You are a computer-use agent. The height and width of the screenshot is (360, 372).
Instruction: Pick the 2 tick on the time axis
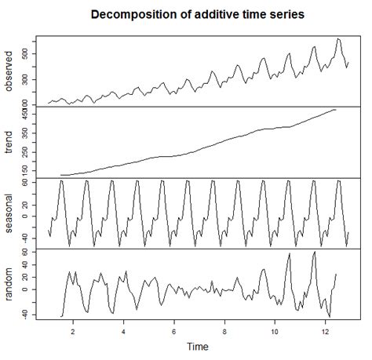[x=73, y=332]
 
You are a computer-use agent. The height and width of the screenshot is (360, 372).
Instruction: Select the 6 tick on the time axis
[x=174, y=332]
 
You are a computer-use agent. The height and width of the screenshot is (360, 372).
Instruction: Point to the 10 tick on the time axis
[x=275, y=332]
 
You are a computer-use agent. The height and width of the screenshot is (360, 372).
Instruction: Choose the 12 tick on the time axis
[x=326, y=332]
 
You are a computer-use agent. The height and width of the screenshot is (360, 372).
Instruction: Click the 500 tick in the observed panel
[x=26, y=53]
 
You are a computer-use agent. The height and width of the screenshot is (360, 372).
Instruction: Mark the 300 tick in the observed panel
[x=26, y=78]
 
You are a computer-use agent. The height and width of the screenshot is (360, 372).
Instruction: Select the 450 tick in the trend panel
[x=26, y=115]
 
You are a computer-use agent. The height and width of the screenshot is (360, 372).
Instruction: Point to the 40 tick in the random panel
[x=26, y=265]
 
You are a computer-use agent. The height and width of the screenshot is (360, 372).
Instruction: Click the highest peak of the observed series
[x=338, y=39]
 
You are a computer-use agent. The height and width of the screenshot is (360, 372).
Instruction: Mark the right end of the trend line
[x=336, y=110]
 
